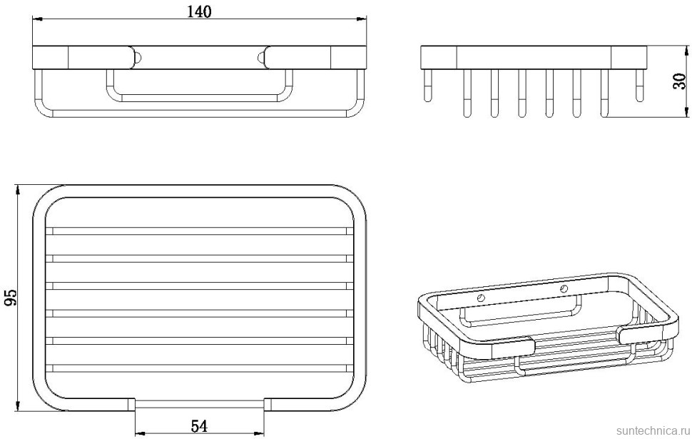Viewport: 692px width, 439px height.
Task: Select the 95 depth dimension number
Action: click(x=10, y=298)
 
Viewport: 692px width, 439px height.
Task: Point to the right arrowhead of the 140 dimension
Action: click(x=360, y=21)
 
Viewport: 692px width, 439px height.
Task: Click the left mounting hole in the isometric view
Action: click(x=480, y=297)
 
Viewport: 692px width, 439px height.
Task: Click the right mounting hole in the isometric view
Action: click(x=564, y=289)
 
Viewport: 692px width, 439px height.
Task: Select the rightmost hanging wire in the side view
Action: click(x=639, y=86)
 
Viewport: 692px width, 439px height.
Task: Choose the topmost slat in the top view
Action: click(x=199, y=231)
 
